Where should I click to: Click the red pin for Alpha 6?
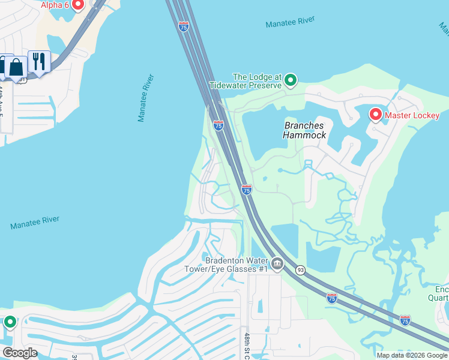click(77, 5)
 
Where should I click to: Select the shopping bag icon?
click(16, 67)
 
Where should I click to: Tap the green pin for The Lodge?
click(291, 80)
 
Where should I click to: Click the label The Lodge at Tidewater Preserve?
click(257, 82)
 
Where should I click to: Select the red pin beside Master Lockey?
click(376, 114)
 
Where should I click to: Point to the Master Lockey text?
click(412, 115)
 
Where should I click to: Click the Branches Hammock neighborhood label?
click(305, 130)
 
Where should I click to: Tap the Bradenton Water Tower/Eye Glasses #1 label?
click(237, 265)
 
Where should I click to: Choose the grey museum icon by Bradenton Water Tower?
click(277, 263)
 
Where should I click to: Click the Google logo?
click(20, 353)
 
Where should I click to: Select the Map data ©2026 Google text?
click(412, 355)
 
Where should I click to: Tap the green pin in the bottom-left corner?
click(10, 323)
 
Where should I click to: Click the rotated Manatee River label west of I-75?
click(146, 98)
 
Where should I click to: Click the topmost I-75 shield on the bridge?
click(184, 26)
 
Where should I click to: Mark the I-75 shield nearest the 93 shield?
click(332, 298)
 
